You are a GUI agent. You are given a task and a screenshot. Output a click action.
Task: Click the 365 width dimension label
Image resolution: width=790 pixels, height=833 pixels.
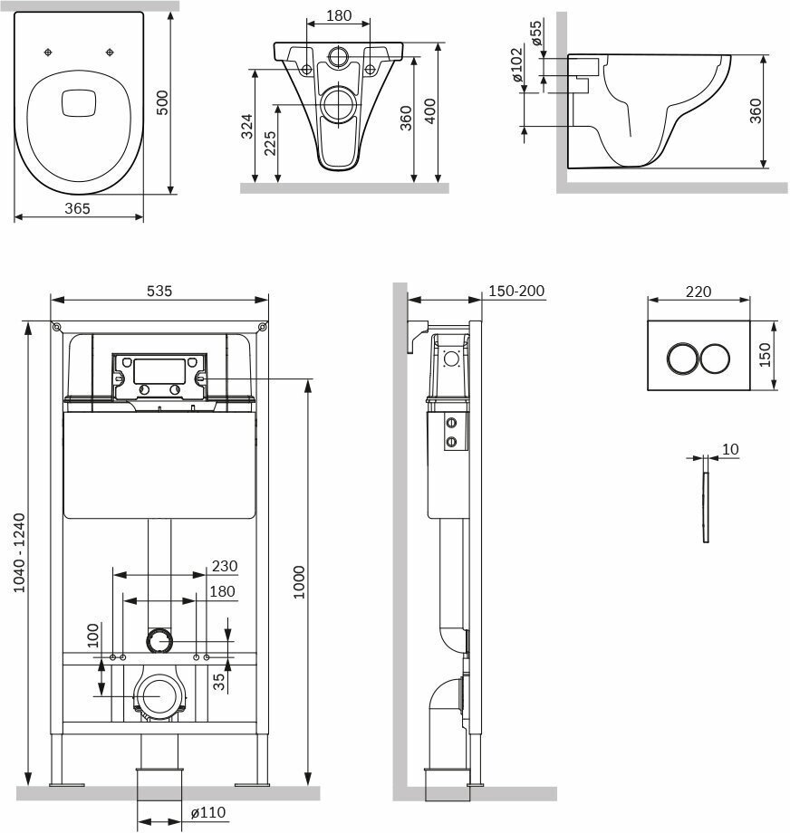point(78,209)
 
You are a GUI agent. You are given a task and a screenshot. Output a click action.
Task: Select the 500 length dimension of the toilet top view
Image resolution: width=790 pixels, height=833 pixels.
point(162,102)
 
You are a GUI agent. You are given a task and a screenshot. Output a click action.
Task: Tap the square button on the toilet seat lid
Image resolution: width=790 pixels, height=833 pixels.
point(79,103)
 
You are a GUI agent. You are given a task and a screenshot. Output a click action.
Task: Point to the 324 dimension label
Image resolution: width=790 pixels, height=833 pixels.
point(246,127)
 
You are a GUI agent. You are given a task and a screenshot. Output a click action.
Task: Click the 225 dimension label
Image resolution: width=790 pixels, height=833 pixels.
point(270,143)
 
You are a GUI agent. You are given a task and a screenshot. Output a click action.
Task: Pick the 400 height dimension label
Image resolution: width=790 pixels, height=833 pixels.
point(430,111)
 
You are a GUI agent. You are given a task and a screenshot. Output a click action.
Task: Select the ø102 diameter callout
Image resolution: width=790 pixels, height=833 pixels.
point(516,64)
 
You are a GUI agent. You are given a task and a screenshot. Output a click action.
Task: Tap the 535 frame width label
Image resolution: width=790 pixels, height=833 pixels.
point(159,292)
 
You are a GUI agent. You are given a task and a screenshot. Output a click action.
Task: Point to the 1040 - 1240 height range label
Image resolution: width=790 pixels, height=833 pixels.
point(19,552)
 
